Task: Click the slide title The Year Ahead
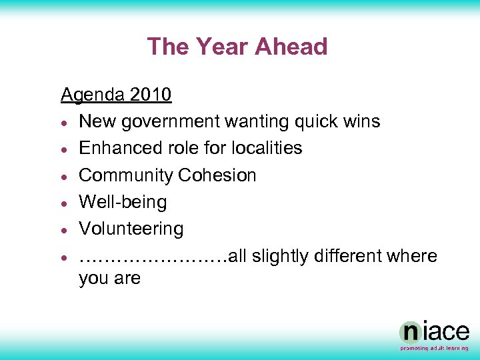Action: (237, 47)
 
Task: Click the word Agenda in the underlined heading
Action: (93, 95)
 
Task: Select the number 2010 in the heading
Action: (151, 95)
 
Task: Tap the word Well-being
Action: (123, 202)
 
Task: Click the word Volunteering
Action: (131, 229)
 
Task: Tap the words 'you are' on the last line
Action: (109, 279)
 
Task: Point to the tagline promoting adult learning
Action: (434, 348)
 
